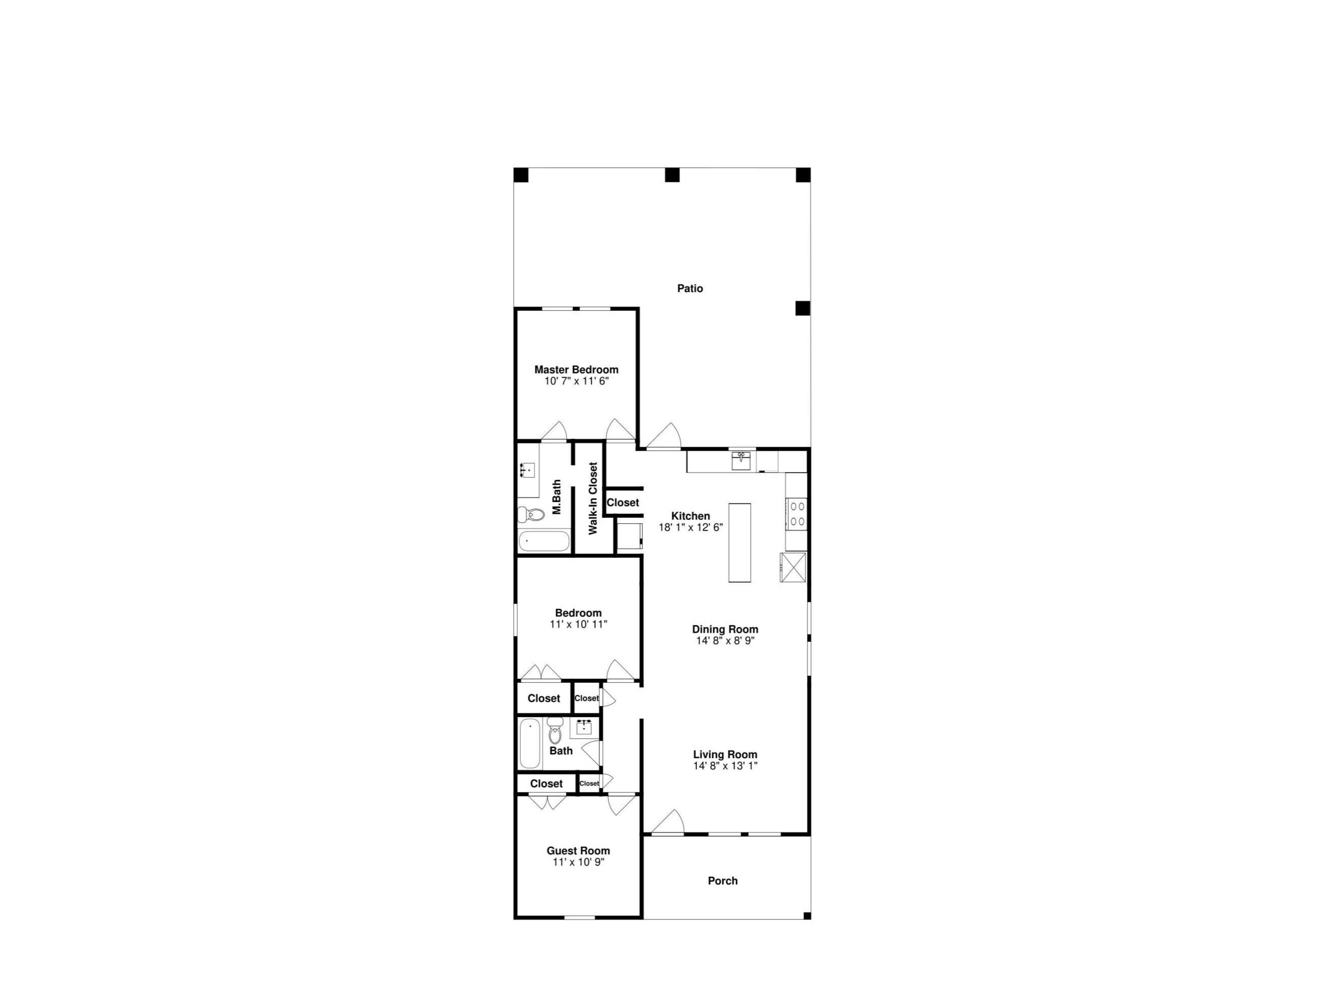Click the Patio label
tap(690, 289)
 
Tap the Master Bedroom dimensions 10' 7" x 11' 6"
tap(576, 381)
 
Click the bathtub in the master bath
tap(543, 541)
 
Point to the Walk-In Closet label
tap(593, 498)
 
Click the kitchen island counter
tap(739, 542)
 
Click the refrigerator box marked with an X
tap(793, 567)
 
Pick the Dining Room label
tap(725, 629)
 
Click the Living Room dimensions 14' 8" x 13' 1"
tap(725, 766)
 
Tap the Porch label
tap(723, 881)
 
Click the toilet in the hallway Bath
tap(555, 733)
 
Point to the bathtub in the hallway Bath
tap(530, 744)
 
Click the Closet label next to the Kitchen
tap(622, 503)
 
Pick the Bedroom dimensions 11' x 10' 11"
tap(578, 624)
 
